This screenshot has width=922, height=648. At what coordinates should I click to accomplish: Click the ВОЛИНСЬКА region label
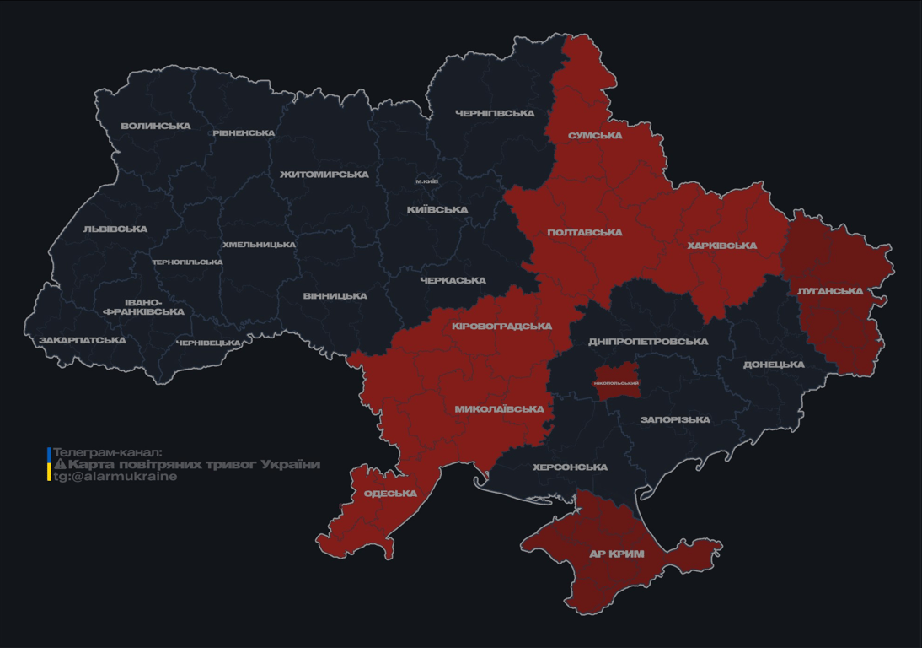tap(156, 127)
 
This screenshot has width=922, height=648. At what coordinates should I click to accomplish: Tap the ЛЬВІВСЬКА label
tap(115, 229)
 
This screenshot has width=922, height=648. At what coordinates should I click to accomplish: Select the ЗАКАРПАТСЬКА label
tap(83, 341)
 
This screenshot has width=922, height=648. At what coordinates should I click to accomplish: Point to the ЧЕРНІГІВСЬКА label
tap(495, 113)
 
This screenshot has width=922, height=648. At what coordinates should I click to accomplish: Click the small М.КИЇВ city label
tap(426, 181)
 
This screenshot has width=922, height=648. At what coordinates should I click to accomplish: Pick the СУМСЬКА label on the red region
tap(595, 136)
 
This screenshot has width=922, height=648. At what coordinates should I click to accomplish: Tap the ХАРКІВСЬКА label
tap(721, 246)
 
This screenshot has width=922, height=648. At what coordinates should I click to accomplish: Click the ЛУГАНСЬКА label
tap(830, 291)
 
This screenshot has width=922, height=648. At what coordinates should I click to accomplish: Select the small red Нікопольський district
tap(616, 382)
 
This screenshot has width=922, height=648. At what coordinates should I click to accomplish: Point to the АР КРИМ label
tap(616, 554)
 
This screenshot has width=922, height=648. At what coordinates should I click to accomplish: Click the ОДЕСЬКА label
tap(390, 494)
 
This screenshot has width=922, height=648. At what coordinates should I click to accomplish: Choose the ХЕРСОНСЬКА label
tap(570, 467)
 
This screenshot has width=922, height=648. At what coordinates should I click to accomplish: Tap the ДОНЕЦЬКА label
tap(774, 365)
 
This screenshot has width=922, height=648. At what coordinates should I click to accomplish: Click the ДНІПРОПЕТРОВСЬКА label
tap(648, 342)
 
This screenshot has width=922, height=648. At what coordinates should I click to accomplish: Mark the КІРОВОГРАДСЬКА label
tap(501, 327)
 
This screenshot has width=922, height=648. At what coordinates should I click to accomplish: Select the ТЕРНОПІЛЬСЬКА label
tap(187, 262)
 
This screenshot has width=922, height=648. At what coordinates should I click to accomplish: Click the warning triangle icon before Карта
tap(60, 465)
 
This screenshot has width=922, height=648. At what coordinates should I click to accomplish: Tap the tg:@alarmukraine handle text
tap(115, 477)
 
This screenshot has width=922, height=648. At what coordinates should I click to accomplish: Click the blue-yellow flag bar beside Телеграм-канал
tap(49, 464)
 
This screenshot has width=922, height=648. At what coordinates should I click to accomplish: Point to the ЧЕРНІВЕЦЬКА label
tap(208, 343)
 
